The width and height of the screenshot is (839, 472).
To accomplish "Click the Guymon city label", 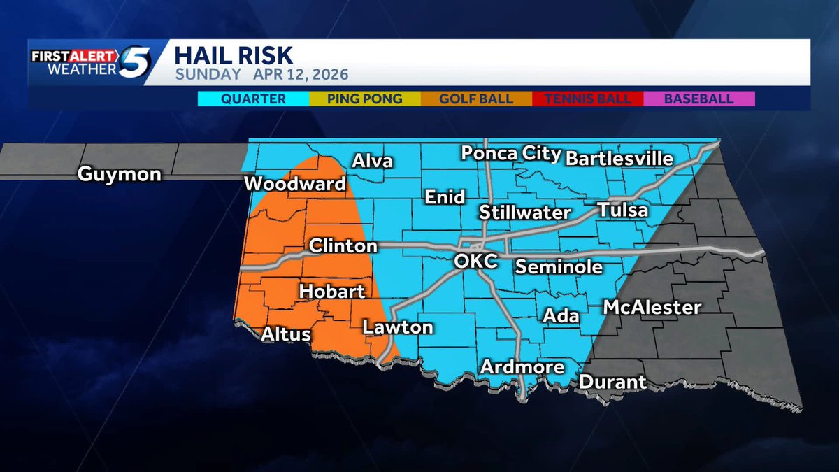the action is (x=119, y=173).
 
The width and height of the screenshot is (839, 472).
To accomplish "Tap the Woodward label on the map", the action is (x=294, y=185).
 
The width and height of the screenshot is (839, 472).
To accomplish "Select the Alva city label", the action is (x=372, y=162).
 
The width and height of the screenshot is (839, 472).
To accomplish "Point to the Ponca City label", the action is (x=510, y=154).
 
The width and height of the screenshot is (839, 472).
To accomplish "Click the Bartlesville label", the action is (x=619, y=158).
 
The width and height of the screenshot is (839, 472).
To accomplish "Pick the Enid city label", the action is (x=445, y=198).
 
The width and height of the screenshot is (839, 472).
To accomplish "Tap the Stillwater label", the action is (x=524, y=213).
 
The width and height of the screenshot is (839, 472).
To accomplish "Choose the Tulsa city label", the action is (x=622, y=210).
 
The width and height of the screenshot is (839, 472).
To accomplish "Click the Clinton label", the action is (x=343, y=246).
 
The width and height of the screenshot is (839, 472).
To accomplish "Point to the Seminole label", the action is (x=559, y=266).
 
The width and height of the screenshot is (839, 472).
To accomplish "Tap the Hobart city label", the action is (x=332, y=291).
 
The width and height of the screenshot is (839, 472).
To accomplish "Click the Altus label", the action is (x=285, y=334).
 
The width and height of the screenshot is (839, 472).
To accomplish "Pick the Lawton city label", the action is (x=397, y=327).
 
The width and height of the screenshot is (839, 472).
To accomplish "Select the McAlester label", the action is (x=652, y=307).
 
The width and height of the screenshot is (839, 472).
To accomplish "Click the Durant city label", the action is (x=612, y=382).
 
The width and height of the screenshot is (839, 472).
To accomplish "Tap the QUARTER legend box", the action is (x=253, y=99).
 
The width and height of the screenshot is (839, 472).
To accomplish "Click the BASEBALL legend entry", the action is (x=698, y=99).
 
